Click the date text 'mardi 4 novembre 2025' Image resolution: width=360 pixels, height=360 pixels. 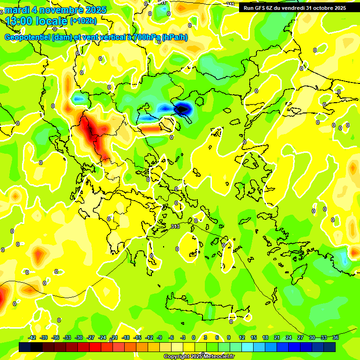pos(56,9)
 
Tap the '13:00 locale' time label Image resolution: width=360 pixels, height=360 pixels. pos(37,21)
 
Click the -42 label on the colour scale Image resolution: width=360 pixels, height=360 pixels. pos(32,337)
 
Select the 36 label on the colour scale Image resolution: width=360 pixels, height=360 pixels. pos(336,337)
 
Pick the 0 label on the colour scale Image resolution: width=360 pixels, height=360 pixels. pos(194,337)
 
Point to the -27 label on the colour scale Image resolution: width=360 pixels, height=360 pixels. pos(90,337)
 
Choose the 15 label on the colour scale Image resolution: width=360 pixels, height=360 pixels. pos(254,337)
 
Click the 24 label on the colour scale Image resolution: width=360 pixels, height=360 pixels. pos(289,337)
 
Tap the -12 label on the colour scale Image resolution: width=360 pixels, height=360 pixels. pos(149,337)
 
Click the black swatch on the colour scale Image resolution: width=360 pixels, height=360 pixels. pos(25,347)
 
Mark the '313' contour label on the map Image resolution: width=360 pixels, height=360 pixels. pos(175,226)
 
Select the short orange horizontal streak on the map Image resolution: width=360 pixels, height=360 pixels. pos(150,128)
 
